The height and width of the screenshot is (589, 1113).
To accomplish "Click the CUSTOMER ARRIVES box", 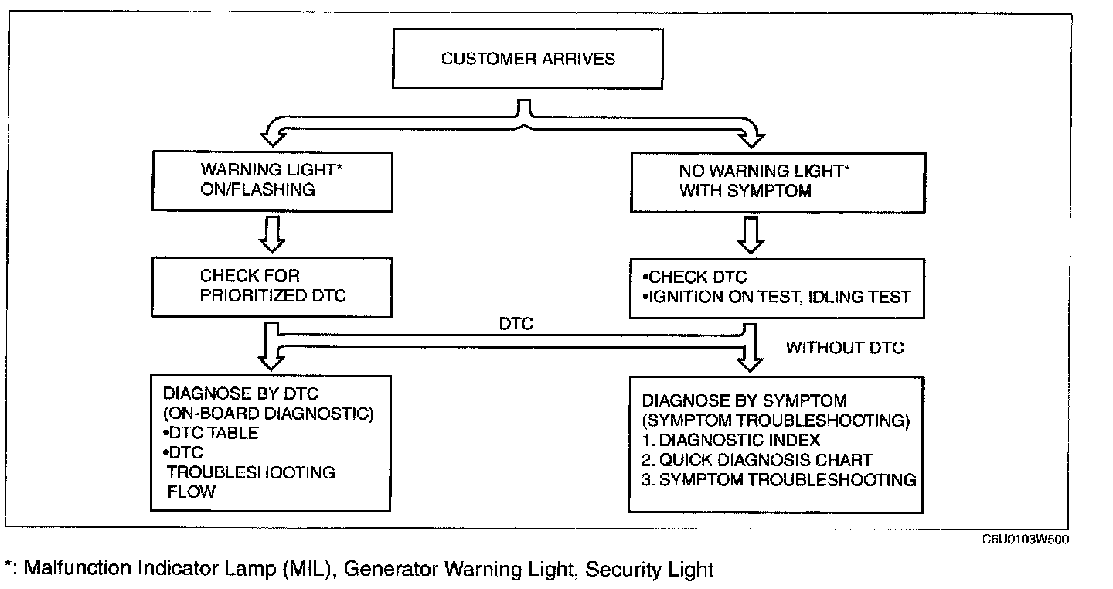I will point(528,59).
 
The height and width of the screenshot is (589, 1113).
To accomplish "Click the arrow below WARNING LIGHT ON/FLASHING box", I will point(272,234).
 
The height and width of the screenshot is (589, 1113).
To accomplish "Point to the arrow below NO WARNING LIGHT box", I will point(751,234).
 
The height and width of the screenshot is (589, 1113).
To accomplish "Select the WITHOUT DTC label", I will point(845,348).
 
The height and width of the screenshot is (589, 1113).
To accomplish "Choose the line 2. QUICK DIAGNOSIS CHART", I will point(757,460).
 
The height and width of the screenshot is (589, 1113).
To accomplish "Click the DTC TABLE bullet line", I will point(210,433).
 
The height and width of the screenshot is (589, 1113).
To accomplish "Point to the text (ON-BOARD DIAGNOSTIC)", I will point(268,414).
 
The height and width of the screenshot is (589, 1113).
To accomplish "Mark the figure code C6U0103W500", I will point(1026,540).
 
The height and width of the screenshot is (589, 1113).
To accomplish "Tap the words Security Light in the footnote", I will point(649,570).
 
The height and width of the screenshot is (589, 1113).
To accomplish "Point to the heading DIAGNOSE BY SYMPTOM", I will point(744,401).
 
